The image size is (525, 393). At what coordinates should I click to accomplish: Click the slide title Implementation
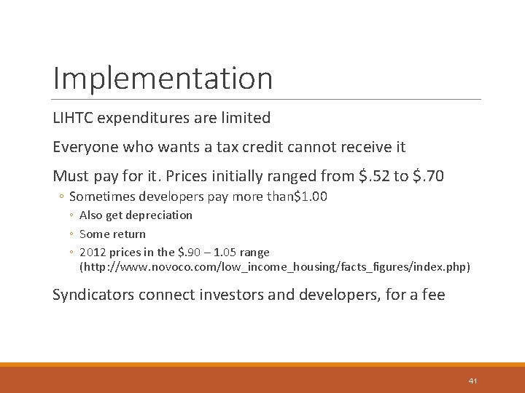(163, 79)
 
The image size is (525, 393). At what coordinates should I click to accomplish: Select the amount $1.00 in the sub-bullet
(310, 196)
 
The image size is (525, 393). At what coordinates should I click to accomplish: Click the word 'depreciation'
(159, 215)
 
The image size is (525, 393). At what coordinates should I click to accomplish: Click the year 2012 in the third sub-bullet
(92, 253)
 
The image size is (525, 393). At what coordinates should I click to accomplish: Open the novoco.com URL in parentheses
(275, 267)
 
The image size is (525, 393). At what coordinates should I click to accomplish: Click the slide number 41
(472, 381)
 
